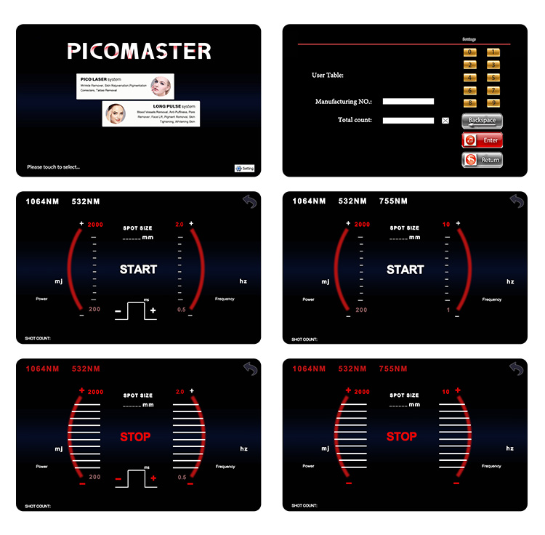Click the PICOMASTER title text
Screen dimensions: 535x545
(x=139, y=51)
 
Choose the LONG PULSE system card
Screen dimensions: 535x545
(x=151, y=113)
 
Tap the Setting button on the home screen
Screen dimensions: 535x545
(x=245, y=168)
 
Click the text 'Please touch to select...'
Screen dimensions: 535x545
(x=53, y=167)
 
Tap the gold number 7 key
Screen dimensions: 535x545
(x=492, y=89)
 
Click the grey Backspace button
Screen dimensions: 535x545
(x=482, y=121)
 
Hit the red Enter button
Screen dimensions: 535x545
(x=482, y=140)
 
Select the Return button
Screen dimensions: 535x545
(x=482, y=159)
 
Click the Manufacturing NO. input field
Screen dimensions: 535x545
(x=408, y=102)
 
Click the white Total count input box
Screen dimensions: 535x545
(x=408, y=121)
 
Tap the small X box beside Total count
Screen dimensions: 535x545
(x=445, y=121)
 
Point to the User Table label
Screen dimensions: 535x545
(x=327, y=75)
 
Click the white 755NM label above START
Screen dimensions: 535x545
(x=393, y=201)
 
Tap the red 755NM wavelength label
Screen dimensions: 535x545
(x=393, y=369)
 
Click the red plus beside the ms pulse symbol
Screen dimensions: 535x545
(x=153, y=479)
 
